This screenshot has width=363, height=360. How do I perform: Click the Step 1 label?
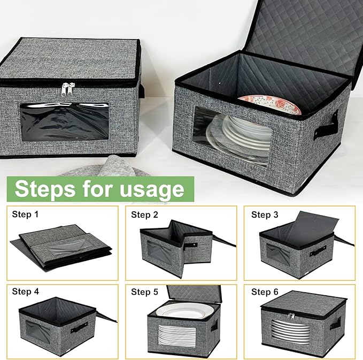point(25,215)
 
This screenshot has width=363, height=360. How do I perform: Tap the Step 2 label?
point(144,215)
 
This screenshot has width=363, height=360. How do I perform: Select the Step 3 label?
point(265,215)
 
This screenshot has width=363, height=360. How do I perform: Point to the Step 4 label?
point(25,292)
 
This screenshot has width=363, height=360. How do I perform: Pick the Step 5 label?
point(144,292)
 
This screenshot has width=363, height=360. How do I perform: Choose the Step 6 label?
point(265,292)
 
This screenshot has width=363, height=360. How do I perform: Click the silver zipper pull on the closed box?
point(67,89)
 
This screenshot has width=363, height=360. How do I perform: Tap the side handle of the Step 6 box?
point(335,324)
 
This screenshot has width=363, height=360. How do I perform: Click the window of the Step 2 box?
point(161,251)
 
